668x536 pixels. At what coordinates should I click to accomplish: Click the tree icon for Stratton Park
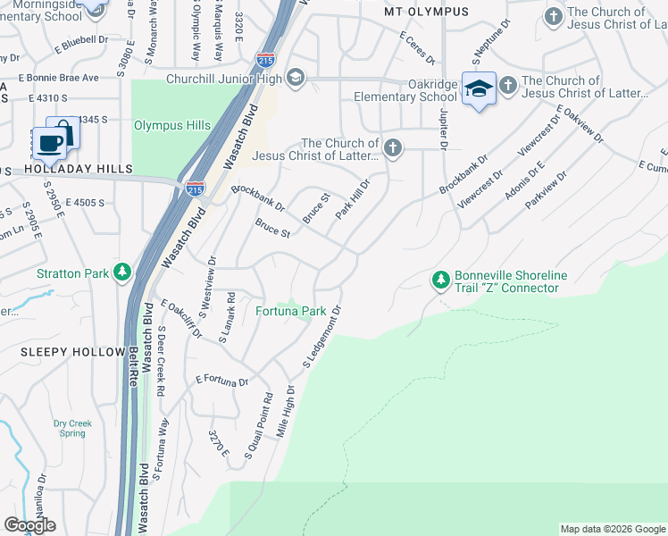click(x=122, y=272)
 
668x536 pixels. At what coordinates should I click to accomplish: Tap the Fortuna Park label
click(x=290, y=312)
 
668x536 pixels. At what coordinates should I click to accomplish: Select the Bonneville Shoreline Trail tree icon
click(x=440, y=281)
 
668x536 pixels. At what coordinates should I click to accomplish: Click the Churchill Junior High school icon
click(x=296, y=79)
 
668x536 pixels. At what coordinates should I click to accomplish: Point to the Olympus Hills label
click(x=171, y=126)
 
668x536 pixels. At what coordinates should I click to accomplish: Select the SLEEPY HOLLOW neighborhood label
click(x=72, y=352)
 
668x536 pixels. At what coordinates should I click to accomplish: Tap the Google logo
click(x=29, y=525)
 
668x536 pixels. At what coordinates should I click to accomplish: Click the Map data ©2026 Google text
click(x=613, y=529)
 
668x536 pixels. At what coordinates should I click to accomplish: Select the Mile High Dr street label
click(x=286, y=410)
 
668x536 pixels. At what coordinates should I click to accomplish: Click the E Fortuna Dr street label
click(x=221, y=381)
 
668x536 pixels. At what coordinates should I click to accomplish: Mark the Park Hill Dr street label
click(x=353, y=198)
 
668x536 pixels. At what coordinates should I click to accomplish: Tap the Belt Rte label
click(x=134, y=367)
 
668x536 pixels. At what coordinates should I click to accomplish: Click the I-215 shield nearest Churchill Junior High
click(x=265, y=60)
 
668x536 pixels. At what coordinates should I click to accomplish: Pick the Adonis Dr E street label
click(x=524, y=182)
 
